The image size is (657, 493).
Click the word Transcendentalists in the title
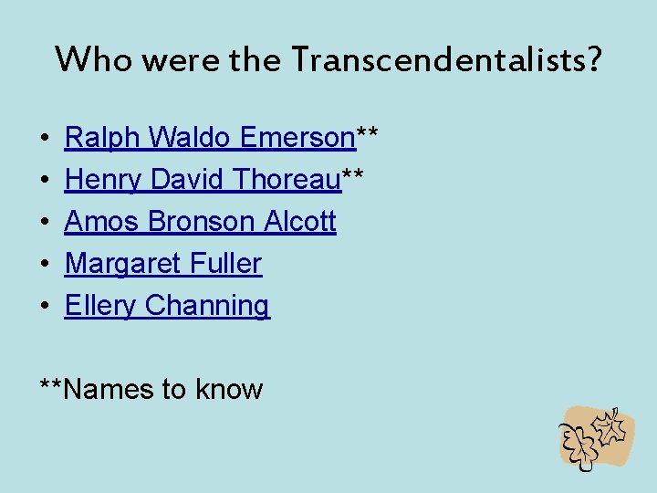448,59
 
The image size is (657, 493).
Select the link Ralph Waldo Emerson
209,138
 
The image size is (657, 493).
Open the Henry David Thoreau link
202,180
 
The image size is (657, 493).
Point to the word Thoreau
287,180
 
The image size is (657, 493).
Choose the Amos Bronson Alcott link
200,222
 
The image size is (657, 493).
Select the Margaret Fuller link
162,264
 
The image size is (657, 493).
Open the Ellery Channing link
167,306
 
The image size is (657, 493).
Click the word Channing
207,306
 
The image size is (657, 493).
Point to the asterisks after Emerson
367,135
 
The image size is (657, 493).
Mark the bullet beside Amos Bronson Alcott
45,223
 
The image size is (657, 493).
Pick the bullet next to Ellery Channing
45,307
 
